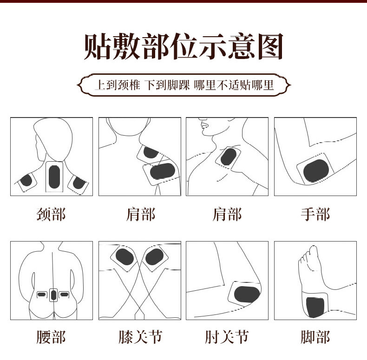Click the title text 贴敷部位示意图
[183, 46]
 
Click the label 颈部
[51, 214]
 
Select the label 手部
[315, 214]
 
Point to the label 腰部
[51, 337]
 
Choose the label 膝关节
[140, 337]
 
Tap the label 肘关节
[227, 337]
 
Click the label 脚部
[315, 337]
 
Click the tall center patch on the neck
[54, 177]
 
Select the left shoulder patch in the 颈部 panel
[26, 182]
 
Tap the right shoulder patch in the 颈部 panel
[79, 184]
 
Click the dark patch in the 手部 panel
[316, 171]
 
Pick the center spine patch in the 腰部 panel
[53, 295]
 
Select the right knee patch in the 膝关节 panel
[154, 257]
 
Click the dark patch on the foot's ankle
[315, 307]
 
